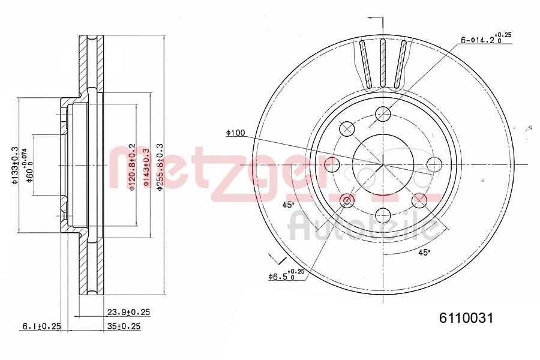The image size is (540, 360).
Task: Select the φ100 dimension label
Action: (235, 133)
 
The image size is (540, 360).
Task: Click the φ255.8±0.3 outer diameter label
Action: (160, 167)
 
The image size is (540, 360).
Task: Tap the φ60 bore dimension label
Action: (28, 166)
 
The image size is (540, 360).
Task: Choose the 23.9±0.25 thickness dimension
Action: (128, 312)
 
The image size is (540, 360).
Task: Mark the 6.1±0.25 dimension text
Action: (42, 326)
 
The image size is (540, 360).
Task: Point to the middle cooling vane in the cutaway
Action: (382, 63)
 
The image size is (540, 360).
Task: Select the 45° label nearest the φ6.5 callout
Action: (289, 205)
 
